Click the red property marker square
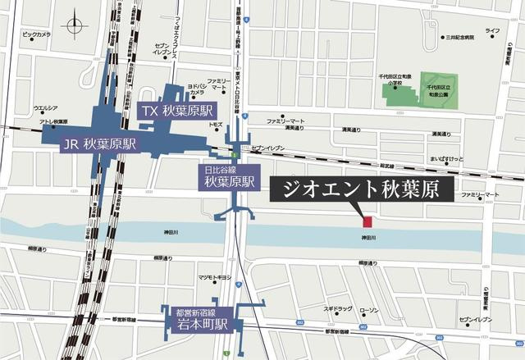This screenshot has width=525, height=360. click(367, 221)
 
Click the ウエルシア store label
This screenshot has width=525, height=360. click(44, 108)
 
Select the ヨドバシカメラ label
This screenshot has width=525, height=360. click(201, 89)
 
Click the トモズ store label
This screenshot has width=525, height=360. click(216, 124)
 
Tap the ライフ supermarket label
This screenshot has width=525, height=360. click(492, 30)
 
